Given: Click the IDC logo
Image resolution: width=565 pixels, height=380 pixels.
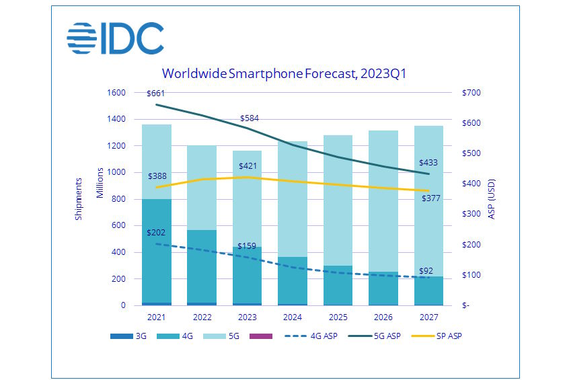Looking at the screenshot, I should (115, 38).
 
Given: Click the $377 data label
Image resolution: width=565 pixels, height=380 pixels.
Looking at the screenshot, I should (432, 198).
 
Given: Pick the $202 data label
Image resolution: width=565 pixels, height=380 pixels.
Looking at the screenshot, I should (157, 233).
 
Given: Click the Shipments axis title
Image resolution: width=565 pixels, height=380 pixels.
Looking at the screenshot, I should (79, 199).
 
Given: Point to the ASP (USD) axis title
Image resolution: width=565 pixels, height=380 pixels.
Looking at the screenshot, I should (492, 199).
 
